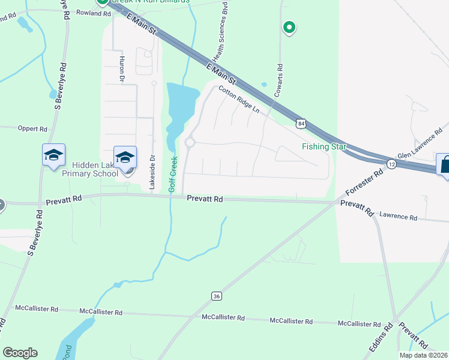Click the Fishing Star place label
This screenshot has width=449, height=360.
[324, 146]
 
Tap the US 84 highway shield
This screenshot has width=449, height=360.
[301, 124]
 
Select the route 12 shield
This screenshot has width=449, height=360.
[391, 164]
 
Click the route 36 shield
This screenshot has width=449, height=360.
[217, 295]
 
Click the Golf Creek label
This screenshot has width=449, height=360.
[173, 175]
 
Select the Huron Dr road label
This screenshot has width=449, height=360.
[122, 69]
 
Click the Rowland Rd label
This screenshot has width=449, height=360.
[94, 13]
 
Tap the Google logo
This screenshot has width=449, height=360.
[20, 352]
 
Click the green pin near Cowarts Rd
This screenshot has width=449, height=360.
[289, 27]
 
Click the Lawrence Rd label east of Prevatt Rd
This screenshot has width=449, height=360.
[398, 216]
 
